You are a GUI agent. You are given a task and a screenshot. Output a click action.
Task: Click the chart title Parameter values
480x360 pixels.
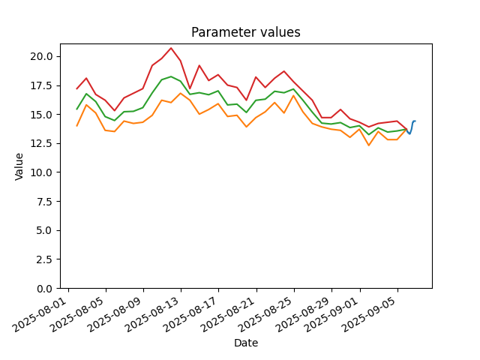click(x=246, y=32)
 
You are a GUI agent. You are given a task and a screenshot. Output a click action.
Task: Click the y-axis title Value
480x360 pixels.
click(x=19, y=166)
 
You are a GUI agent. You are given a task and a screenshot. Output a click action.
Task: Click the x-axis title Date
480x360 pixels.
click(x=246, y=343)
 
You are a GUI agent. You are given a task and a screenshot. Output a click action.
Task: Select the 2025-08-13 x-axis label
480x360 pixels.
click(x=154, y=314)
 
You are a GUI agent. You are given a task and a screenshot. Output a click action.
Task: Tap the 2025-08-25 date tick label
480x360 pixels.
click(x=267, y=314)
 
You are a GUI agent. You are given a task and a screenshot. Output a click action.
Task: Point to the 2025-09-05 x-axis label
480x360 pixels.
click(x=370, y=314)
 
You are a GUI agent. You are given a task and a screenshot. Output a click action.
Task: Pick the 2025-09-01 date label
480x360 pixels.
click(x=333, y=314)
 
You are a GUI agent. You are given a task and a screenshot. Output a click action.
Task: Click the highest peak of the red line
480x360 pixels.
click(x=171, y=48)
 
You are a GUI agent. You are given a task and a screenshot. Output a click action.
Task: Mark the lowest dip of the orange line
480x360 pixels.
click(x=369, y=145)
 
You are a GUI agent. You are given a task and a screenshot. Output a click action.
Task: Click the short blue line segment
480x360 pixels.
click(x=412, y=128)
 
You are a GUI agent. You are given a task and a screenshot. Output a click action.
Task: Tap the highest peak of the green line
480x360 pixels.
click(x=171, y=76)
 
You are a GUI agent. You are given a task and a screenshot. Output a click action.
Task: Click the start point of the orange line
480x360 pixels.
click(x=76, y=126)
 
